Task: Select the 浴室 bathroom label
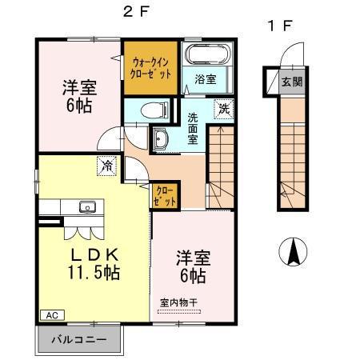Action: click(x=206, y=78)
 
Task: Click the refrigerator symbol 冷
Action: click(x=106, y=166)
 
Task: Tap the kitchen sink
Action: click(x=87, y=208)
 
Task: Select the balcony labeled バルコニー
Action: click(x=82, y=339)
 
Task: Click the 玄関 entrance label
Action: click(x=292, y=81)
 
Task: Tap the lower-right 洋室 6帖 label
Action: click(x=191, y=267)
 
